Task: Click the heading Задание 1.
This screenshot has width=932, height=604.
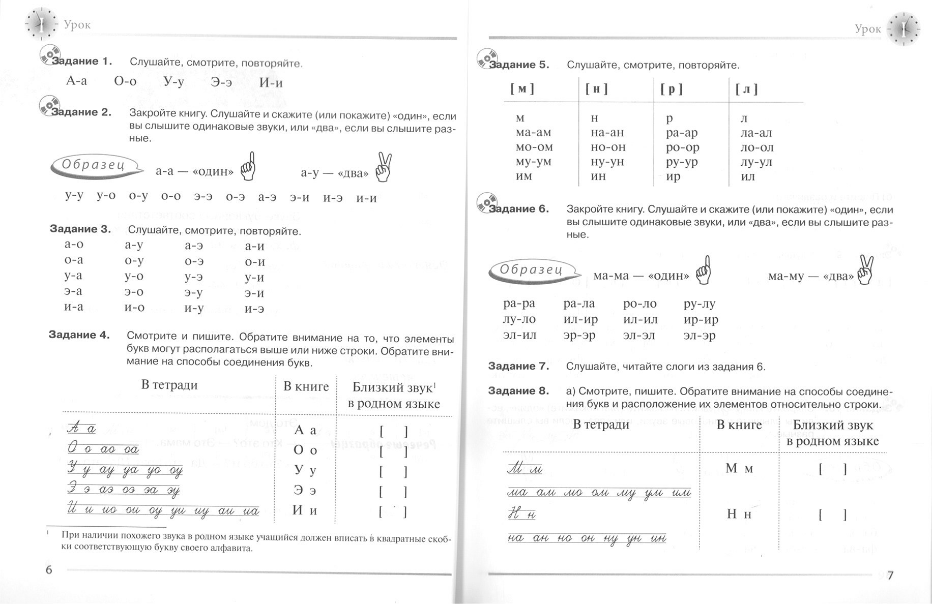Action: (81, 62)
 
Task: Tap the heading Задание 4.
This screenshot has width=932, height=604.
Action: (79, 335)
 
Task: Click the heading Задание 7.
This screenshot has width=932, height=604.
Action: (518, 366)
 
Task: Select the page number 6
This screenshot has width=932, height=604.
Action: (49, 569)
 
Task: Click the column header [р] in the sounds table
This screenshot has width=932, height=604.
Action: (672, 89)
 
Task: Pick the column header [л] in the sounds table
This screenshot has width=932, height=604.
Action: (746, 89)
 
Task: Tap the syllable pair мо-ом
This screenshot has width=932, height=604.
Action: (534, 147)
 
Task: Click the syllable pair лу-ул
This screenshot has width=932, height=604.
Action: (756, 162)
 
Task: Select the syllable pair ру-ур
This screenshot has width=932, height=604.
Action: (682, 162)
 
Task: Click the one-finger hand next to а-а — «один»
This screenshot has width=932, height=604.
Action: (248, 167)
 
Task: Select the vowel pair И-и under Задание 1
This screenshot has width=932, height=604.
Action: (271, 82)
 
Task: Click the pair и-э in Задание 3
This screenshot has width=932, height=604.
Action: (254, 309)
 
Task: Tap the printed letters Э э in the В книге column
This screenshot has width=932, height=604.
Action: (305, 491)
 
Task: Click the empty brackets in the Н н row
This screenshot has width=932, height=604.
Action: (833, 515)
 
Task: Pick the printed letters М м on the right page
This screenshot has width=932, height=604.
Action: (739, 468)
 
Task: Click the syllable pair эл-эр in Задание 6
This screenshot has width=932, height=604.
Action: (700, 336)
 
